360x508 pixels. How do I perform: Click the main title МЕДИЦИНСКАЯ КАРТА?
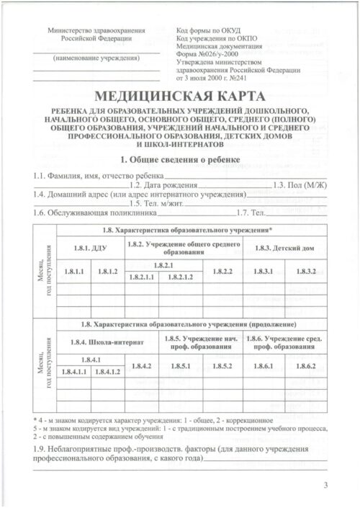click(x=180, y=97)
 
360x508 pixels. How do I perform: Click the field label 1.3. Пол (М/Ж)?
click(x=302, y=185)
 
